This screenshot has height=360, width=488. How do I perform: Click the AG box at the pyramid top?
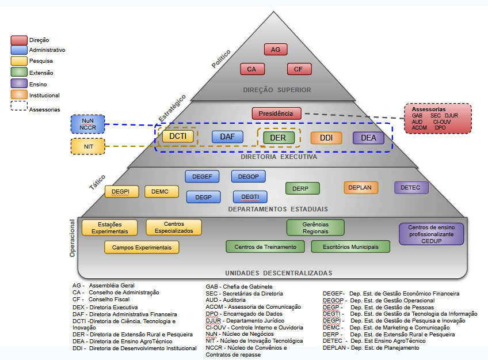[276, 50]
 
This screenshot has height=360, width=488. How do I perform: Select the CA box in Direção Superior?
[251, 69]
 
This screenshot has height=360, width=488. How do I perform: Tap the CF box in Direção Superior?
[299, 69]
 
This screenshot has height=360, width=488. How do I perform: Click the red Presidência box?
[276, 113]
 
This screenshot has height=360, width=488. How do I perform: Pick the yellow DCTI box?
[178, 137]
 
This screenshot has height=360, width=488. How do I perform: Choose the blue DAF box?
[227, 137]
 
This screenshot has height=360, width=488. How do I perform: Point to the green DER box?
[279, 138]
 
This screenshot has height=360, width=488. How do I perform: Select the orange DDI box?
[326, 138]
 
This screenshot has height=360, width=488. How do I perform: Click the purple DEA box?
[368, 138]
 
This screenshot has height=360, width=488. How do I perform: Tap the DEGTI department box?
[250, 197]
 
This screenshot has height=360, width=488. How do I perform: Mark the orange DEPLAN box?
[361, 187]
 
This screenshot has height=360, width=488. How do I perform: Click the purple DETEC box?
[411, 187]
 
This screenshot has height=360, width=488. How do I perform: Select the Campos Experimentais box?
[142, 247]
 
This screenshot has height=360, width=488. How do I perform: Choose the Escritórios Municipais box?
[350, 247]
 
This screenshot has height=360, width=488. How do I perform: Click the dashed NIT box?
[88, 146]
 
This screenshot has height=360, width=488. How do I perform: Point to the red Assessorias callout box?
[437, 118]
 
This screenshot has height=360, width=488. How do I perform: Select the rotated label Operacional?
[73, 238]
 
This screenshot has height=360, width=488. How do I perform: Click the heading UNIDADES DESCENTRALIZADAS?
[279, 273]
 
